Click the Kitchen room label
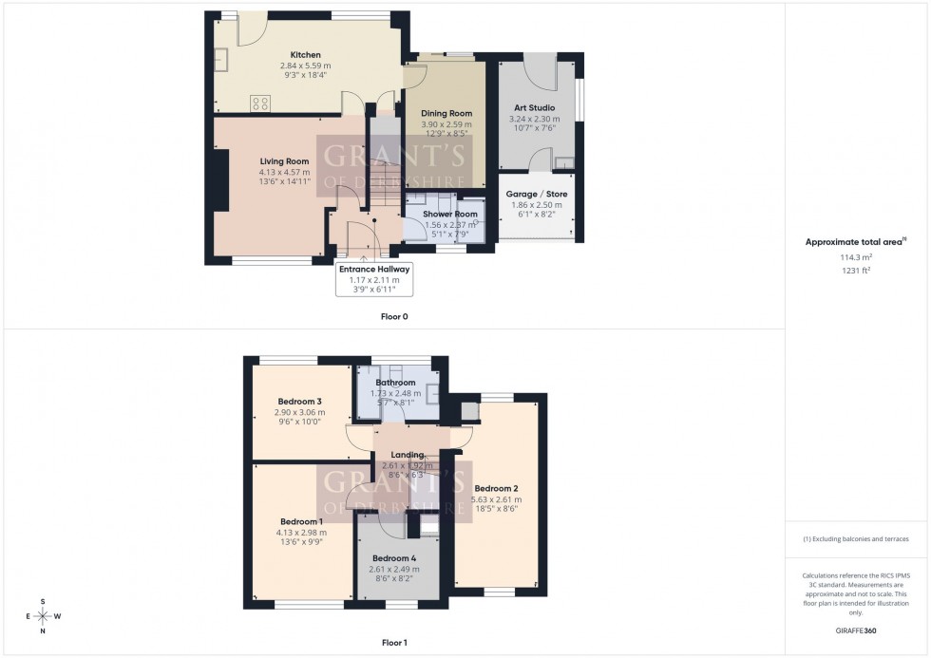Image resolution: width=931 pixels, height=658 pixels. (x=305, y=55)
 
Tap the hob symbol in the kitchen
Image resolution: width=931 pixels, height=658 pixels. (x=260, y=103)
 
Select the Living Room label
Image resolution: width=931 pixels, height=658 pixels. (x=285, y=161)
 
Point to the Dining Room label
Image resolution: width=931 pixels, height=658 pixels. (x=446, y=114)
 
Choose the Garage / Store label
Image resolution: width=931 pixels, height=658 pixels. (x=538, y=194)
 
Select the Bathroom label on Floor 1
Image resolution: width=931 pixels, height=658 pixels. (x=395, y=383)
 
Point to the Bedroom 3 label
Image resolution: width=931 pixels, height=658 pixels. (x=299, y=402)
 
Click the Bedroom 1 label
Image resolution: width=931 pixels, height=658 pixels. (x=301, y=521)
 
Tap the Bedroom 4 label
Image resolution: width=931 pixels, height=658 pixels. (x=393, y=557)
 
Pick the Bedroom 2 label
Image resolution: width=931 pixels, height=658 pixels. (x=497, y=488)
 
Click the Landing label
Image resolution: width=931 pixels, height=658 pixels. (x=407, y=455)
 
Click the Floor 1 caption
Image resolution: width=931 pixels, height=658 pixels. (x=393, y=643)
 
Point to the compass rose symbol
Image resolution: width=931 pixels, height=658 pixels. (x=43, y=616)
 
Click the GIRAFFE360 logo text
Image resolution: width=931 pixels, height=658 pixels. (x=855, y=630)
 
